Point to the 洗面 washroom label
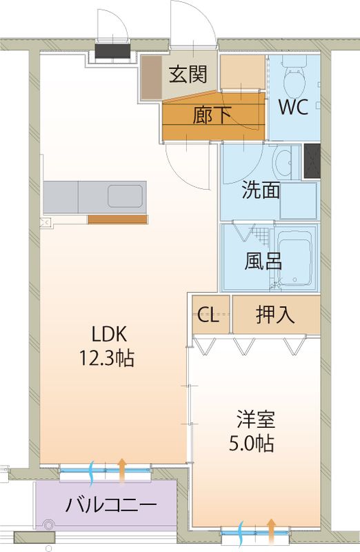(260, 190)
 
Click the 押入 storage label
(275, 315)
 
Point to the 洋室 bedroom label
(255, 419)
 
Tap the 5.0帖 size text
(255, 444)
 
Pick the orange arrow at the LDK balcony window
(122, 469)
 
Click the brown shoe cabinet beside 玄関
(151, 80)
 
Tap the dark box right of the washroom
(312, 163)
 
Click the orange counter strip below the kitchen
(117, 219)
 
